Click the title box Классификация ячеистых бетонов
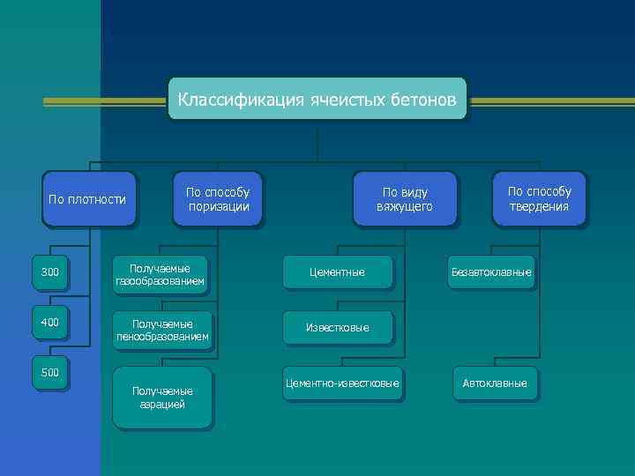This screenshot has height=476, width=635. tap(317, 100)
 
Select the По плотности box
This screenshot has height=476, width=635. tap(87, 199)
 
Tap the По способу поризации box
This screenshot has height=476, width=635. tap(218, 199)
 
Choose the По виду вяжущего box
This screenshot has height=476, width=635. tap(407, 199)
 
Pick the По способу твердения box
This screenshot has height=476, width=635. tap(539, 199)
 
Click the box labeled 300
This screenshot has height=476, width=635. tap(50, 272)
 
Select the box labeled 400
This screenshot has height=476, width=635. tap(50, 323)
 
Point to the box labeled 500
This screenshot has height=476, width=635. tap(50, 373)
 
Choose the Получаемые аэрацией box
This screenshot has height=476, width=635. tap(162, 398)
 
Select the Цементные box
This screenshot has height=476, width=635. tap(336, 272)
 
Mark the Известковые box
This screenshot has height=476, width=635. tap(337, 328)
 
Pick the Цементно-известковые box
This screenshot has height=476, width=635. tap(342, 383)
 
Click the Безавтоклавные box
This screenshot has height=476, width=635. tap(491, 272)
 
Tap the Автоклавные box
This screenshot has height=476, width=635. tap(495, 383)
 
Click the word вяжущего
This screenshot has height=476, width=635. tap(407, 207)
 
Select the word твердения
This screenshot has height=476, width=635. tap(539, 207)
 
